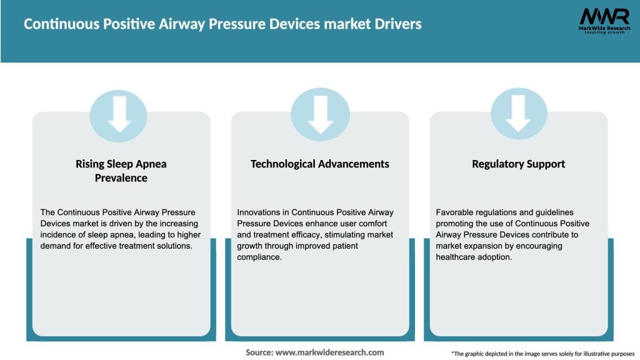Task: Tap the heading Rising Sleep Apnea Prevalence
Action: [x=121, y=171]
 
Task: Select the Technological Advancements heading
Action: [x=319, y=164]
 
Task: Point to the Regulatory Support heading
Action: [x=518, y=164]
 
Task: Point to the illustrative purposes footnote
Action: [x=542, y=353]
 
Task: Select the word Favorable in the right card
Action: [x=457, y=212]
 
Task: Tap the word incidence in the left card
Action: [x=59, y=234]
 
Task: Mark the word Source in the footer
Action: [x=259, y=352]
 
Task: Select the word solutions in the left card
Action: [x=169, y=245]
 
